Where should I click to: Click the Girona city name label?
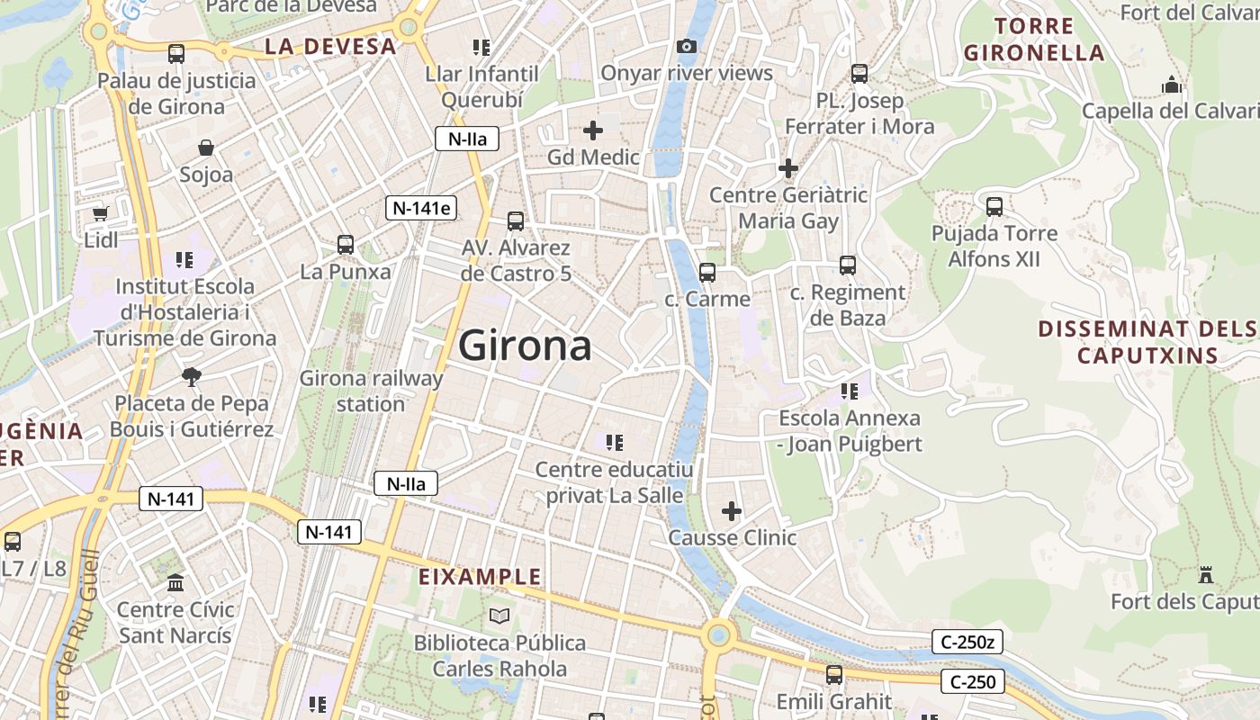pyautogui.click(x=526, y=346)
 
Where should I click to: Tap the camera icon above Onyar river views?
pyautogui.click(x=687, y=47)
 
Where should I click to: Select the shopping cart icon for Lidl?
pyautogui.click(x=101, y=213)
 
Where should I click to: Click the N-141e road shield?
pyautogui.click(x=421, y=208)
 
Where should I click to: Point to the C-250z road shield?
pyautogui.click(x=967, y=643)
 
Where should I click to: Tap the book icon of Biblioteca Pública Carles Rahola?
pyautogui.click(x=499, y=616)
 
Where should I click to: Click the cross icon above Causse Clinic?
pyautogui.click(x=732, y=511)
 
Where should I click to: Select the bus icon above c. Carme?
pyautogui.click(x=707, y=272)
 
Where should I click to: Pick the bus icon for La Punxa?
pyautogui.click(x=346, y=244)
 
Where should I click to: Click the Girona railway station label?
pyautogui.click(x=371, y=391)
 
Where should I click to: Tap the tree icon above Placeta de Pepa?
pyautogui.click(x=191, y=376)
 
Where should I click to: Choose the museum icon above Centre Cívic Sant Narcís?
pyautogui.click(x=175, y=582)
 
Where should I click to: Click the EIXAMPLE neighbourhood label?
pyautogui.click(x=481, y=577)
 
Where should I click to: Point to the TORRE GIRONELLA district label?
pyautogui.click(x=1034, y=39)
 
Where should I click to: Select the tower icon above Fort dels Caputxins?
pyautogui.click(x=1206, y=574)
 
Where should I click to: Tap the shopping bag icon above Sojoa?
pyautogui.click(x=206, y=148)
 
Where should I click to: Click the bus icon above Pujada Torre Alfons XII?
pyautogui.click(x=994, y=207)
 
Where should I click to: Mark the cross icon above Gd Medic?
pyautogui.click(x=593, y=130)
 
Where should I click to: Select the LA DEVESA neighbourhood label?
pyautogui.click(x=330, y=47)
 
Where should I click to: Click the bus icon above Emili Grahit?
pyautogui.click(x=834, y=674)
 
